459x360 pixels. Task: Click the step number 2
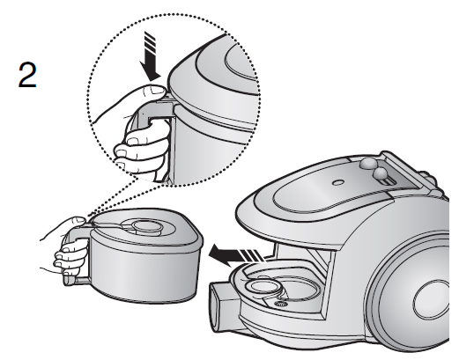pyautogui.click(x=27, y=75)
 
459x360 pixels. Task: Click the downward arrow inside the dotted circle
pyautogui.click(x=150, y=56)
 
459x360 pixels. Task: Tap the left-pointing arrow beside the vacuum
pyautogui.click(x=236, y=254)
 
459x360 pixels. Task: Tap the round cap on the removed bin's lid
pyautogui.click(x=148, y=226)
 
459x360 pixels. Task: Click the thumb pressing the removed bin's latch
pyautogui.click(x=78, y=221)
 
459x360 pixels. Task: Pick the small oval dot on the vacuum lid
pyautogui.click(x=338, y=182)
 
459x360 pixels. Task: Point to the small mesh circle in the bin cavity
pyautogui.click(x=281, y=304)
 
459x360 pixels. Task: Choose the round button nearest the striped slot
pyautogui.click(x=381, y=174)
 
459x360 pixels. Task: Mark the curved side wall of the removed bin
pyautogui.click(x=144, y=270)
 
